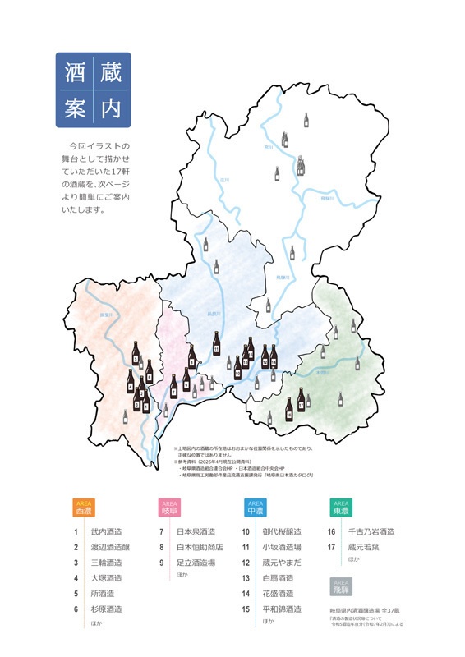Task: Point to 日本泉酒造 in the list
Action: pos(196,532)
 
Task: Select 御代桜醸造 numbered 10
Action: pos(282,532)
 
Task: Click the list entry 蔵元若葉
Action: pos(366,547)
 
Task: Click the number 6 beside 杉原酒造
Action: pos(75,609)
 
